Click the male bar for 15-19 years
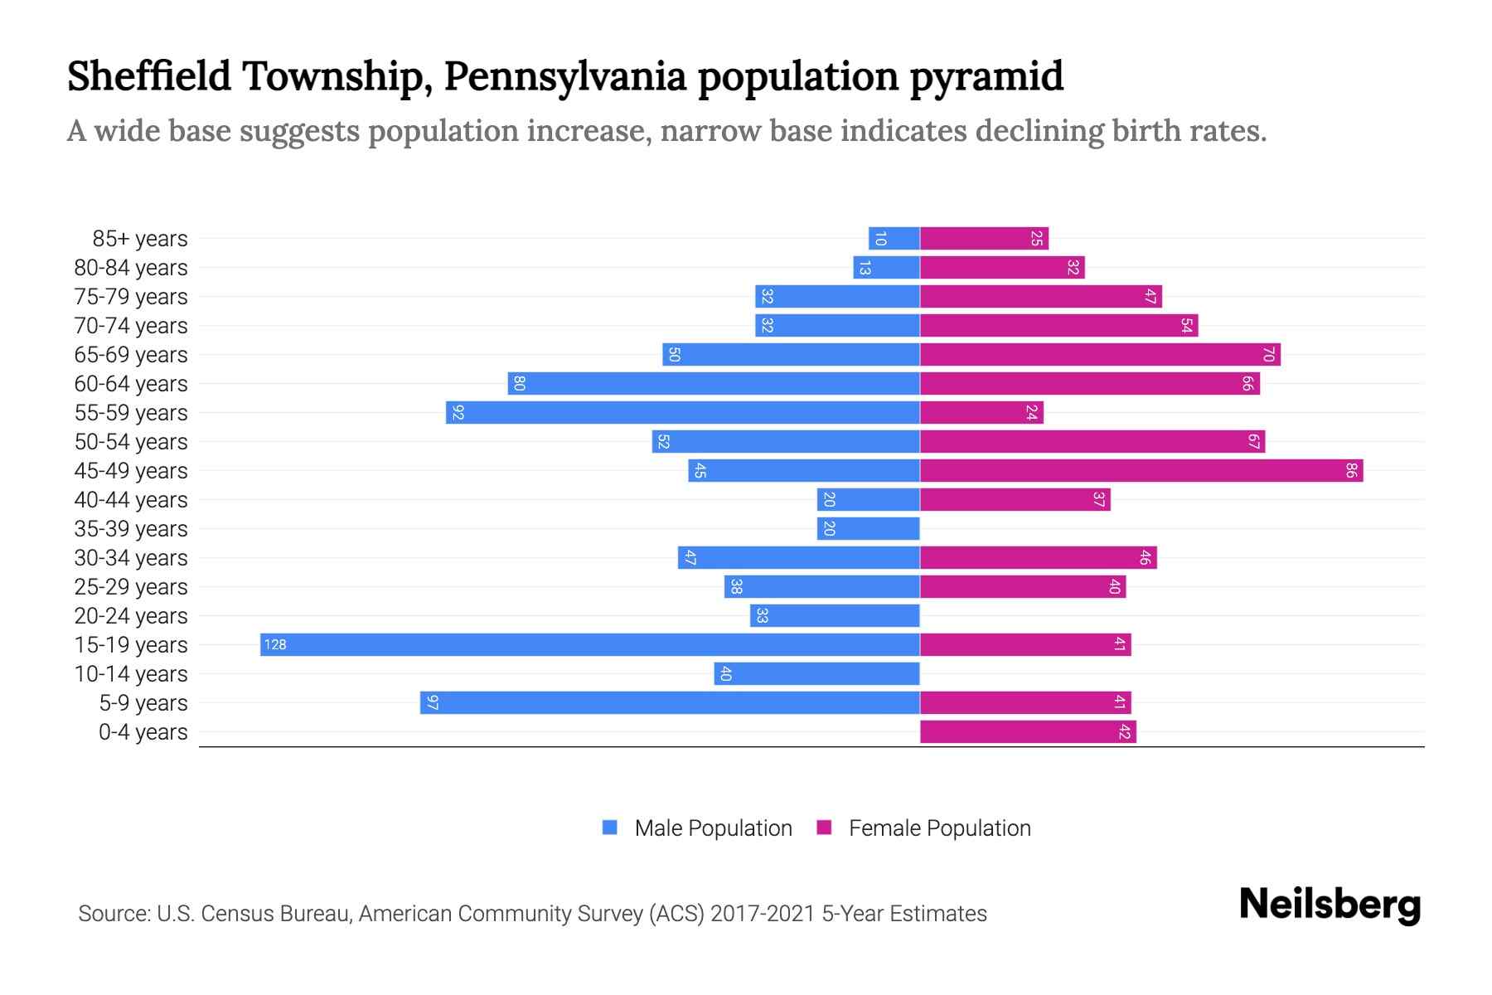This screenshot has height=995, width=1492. [589, 644]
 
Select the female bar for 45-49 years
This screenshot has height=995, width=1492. [1141, 470]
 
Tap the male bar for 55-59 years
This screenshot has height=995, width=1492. [682, 412]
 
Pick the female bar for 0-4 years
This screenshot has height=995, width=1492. [1028, 731]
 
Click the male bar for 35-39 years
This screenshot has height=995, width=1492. [868, 528]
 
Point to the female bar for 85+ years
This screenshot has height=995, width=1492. [984, 238]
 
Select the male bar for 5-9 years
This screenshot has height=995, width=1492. [670, 702]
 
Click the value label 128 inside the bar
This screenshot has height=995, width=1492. [275, 644]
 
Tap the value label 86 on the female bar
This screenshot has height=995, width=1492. [1351, 470]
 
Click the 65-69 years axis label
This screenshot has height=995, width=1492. [131, 355]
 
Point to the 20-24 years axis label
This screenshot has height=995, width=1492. [131, 616]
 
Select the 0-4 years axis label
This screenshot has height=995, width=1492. [143, 732]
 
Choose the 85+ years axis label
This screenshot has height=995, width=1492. [140, 239]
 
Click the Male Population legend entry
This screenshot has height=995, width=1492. [713, 828]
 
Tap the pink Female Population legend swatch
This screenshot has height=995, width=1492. [824, 827]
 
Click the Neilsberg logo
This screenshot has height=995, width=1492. [1330, 904]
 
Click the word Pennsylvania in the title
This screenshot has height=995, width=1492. [564, 76]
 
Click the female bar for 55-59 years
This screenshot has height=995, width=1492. [981, 412]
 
